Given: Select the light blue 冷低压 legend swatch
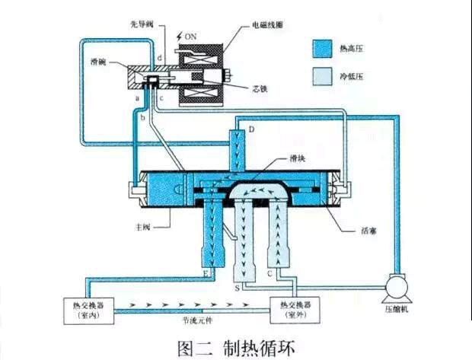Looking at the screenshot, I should [322, 77].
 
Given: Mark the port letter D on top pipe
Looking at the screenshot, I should [251, 130].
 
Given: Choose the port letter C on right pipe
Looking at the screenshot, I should [270, 272].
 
